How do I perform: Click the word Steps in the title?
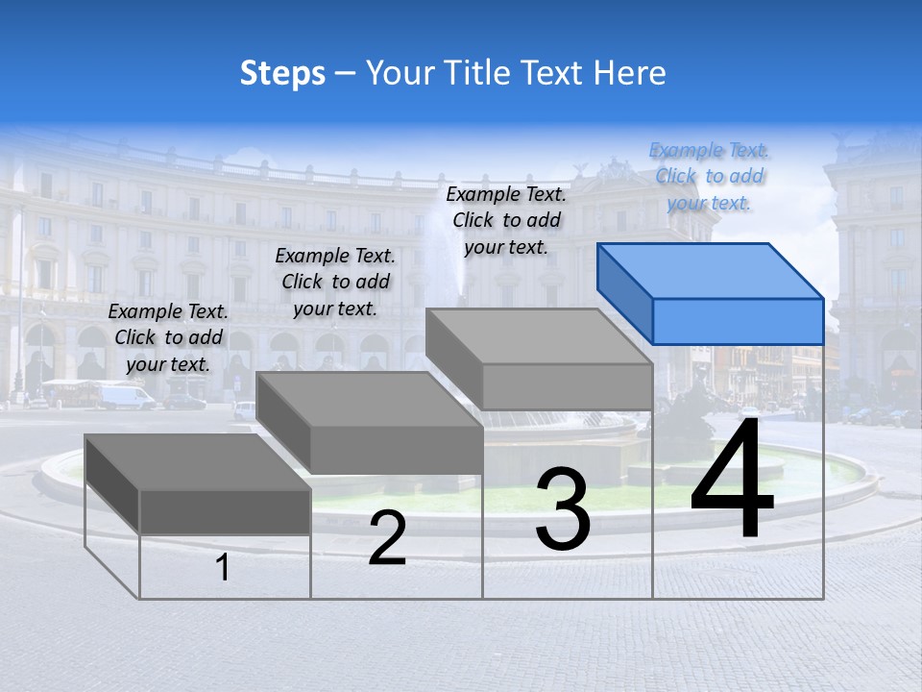(282, 73)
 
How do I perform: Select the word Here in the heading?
(630, 73)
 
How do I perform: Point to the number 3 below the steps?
(562, 510)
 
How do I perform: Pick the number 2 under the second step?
(387, 538)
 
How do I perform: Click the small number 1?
(222, 568)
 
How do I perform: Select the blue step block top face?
(711, 271)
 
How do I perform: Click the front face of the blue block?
(738, 321)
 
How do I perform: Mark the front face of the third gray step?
(567, 386)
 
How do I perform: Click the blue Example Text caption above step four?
(709, 177)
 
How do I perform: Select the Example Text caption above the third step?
(506, 220)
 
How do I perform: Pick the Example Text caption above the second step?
(335, 283)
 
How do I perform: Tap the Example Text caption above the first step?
(168, 338)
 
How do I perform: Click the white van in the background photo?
(124, 396)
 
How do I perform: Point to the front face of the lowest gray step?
(225, 511)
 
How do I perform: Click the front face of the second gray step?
(396, 449)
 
